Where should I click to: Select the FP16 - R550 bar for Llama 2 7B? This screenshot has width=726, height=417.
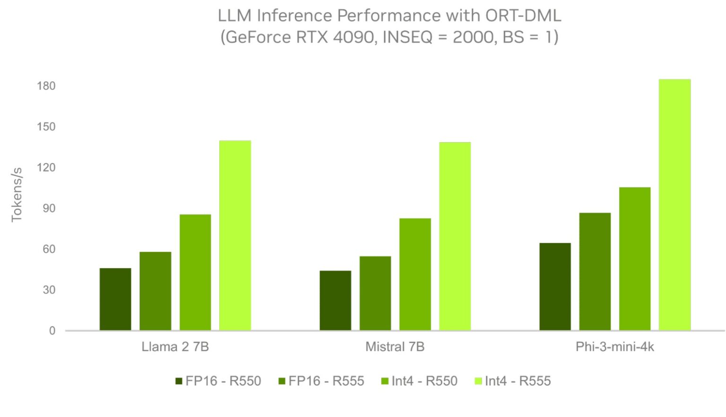115,299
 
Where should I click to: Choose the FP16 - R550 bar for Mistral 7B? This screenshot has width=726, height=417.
335,300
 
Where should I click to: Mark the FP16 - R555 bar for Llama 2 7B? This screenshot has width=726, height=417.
155,291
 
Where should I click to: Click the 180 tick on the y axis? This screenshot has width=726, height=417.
46,86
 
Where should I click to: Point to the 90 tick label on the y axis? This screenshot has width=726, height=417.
49,208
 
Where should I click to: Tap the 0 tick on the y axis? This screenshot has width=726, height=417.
52,331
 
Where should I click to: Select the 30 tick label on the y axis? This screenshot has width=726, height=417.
49,290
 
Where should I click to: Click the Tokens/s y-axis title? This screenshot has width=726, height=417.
17,195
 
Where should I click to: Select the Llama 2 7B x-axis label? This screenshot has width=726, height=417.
175,347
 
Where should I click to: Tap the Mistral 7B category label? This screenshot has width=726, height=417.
395,347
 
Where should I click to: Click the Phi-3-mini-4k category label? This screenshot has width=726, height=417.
614,347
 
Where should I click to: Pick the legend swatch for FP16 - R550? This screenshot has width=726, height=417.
179,381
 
